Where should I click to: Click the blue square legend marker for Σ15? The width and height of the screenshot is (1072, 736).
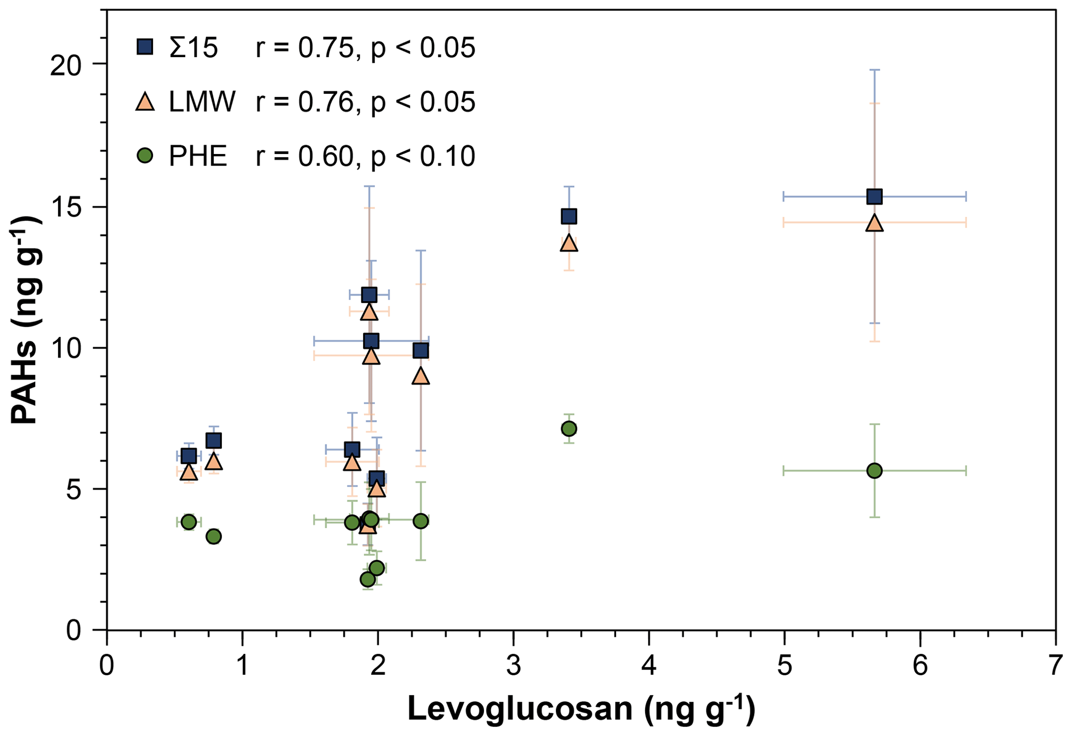(x=145, y=48)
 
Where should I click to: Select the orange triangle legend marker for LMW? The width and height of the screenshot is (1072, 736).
(x=145, y=101)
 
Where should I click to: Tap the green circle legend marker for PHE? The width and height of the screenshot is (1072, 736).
(x=146, y=155)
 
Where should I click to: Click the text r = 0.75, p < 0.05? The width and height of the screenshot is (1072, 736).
(x=365, y=48)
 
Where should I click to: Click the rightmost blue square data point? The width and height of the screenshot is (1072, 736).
(x=874, y=196)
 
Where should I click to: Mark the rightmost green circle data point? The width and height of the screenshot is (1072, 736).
(x=874, y=470)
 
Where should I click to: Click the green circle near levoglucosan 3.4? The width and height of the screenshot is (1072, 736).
(x=569, y=428)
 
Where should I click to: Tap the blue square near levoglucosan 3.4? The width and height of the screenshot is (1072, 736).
(x=569, y=216)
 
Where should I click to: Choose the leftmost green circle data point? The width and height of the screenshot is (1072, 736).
(x=189, y=522)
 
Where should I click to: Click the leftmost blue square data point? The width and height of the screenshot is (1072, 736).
(x=189, y=456)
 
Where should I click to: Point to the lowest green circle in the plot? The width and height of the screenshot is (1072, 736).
(x=368, y=579)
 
